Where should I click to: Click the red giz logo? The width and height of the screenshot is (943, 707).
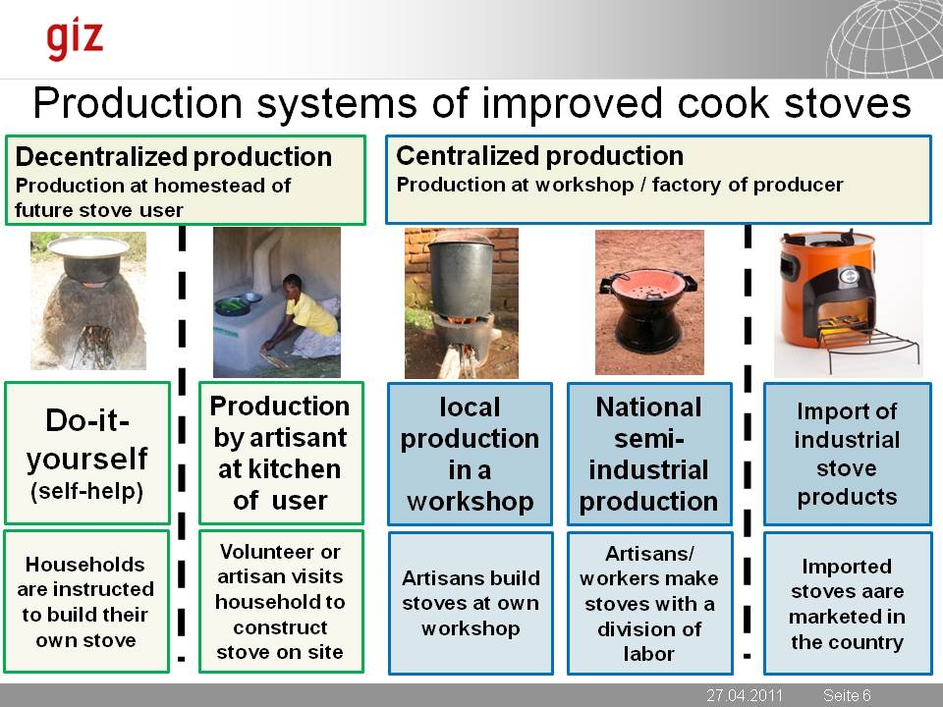coord(75,39)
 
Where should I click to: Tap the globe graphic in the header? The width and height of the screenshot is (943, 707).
coord(884,39)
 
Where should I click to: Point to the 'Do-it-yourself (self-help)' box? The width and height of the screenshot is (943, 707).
coord(87,454)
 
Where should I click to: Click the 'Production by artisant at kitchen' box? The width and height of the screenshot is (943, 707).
coord(281,453)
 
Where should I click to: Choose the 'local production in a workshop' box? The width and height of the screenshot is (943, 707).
coord(470,454)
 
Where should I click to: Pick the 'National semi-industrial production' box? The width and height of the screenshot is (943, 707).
coord(649,454)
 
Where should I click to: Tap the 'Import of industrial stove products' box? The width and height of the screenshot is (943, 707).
coord(848,454)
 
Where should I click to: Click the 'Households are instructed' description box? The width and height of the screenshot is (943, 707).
coord(86,601)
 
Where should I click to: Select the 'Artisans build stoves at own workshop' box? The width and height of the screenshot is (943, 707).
coord(471,603)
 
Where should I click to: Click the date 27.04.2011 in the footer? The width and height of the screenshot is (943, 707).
coord(745,695)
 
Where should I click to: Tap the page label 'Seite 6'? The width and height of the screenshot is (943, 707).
coord(847,695)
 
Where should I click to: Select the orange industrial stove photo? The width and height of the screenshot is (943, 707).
coord(849,302)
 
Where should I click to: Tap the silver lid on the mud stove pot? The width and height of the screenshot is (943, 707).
coord(88,246)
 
